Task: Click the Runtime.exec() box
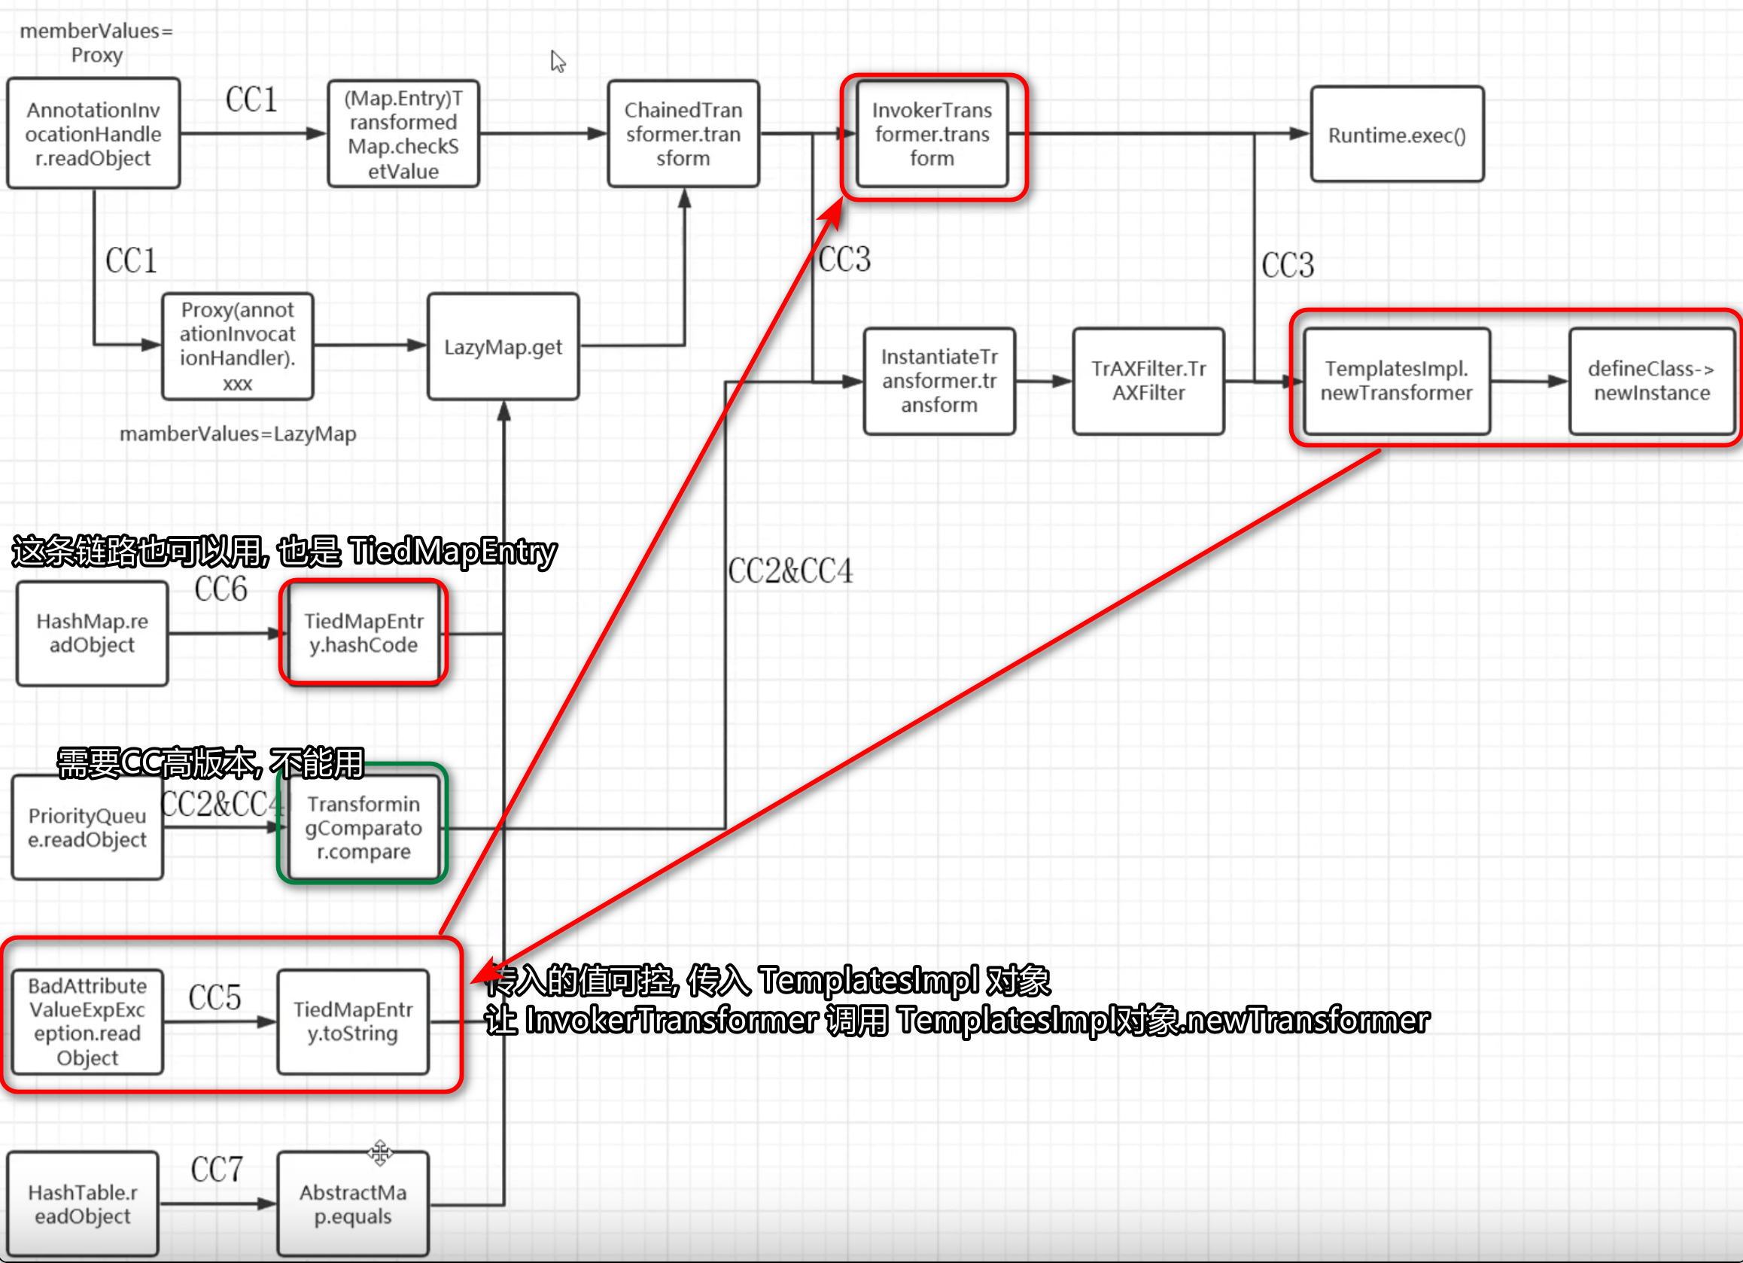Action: pos(1397,135)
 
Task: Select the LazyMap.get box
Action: pos(503,347)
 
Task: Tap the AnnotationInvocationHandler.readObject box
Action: pos(94,134)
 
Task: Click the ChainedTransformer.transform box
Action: pos(683,134)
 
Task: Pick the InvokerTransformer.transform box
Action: pos(932,134)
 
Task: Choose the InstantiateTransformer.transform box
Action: pos(939,382)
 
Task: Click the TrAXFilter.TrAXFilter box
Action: pos(1149,382)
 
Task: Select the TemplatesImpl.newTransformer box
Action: pos(1396,382)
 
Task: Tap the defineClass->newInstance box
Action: pos(1651,382)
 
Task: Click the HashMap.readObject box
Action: pos(93,634)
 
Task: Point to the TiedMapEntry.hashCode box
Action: pos(364,634)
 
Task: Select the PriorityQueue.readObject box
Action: pos(87,828)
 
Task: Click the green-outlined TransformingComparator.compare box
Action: pos(364,828)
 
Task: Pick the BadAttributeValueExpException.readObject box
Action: pos(87,1021)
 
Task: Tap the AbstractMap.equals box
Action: pos(353,1204)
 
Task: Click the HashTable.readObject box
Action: pos(83,1204)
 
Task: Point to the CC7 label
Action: pos(217,1170)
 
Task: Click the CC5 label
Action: pos(215,997)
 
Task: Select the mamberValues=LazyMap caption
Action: pos(239,434)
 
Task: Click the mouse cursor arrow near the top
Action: pos(557,61)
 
